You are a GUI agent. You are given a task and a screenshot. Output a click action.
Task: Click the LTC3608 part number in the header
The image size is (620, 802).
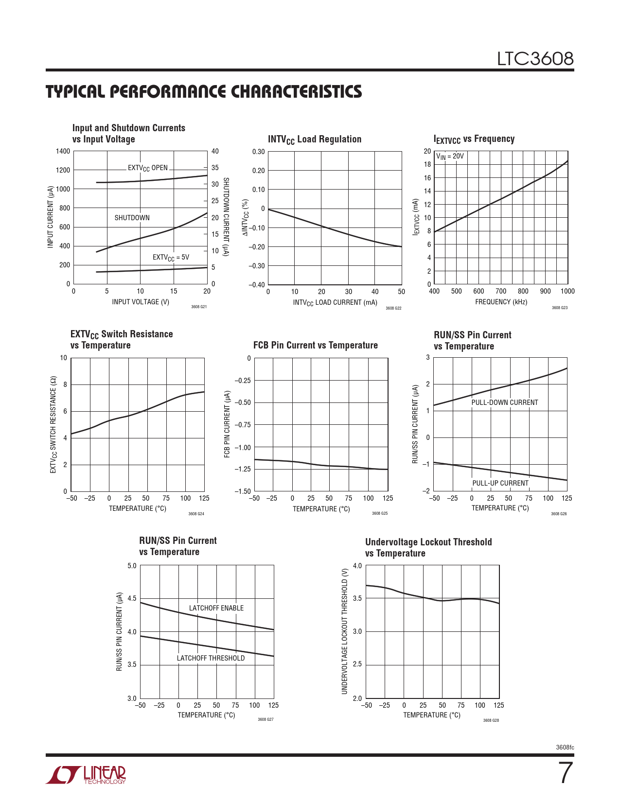pyautogui.click(x=535, y=59)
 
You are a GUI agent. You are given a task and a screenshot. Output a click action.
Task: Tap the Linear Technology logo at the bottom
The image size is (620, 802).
pyautogui.click(x=86, y=775)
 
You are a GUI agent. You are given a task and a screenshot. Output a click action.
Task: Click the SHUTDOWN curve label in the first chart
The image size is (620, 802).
pyautogui.click(x=132, y=218)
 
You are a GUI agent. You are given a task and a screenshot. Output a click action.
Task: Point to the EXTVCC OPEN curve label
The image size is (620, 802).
pyautogui.click(x=147, y=168)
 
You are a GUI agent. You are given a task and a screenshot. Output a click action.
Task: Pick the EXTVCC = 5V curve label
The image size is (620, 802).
pyautogui.click(x=171, y=258)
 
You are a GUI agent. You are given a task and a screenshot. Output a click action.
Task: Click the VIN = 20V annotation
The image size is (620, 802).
pyautogui.click(x=450, y=157)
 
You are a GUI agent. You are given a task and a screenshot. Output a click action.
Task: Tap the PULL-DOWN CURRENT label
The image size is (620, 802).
pyautogui.click(x=504, y=402)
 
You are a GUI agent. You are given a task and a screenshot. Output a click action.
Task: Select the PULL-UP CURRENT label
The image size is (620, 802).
pyautogui.click(x=500, y=483)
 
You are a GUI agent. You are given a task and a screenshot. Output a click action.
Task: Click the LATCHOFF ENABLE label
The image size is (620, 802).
pyautogui.click(x=216, y=608)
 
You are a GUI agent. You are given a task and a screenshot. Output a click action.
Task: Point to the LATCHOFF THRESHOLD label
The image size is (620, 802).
pyautogui.click(x=211, y=658)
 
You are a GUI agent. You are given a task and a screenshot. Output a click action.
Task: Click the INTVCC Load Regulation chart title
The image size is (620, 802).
pyautogui.click(x=314, y=139)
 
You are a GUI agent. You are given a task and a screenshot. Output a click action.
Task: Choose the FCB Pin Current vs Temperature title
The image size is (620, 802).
pyautogui.click(x=315, y=345)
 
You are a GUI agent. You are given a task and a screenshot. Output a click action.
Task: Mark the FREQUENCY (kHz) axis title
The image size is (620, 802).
pyautogui.click(x=501, y=302)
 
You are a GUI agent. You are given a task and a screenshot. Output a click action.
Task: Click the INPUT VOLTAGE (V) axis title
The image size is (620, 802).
pyautogui.click(x=141, y=302)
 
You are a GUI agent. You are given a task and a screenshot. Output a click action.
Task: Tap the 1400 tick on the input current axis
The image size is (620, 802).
pyautogui.click(x=63, y=151)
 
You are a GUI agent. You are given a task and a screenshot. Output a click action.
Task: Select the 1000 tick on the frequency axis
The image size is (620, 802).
pyautogui.click(x=567, y=291)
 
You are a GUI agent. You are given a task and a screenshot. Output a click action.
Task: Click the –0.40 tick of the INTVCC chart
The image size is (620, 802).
pyautogui.click(x=256, y=285)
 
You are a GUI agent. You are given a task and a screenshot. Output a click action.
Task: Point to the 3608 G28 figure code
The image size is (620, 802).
pyautogui.click(x=491, y=720)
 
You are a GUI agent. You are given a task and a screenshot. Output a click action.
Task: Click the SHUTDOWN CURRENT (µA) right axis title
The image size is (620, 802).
pyautogui.click(x=226, y=217)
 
